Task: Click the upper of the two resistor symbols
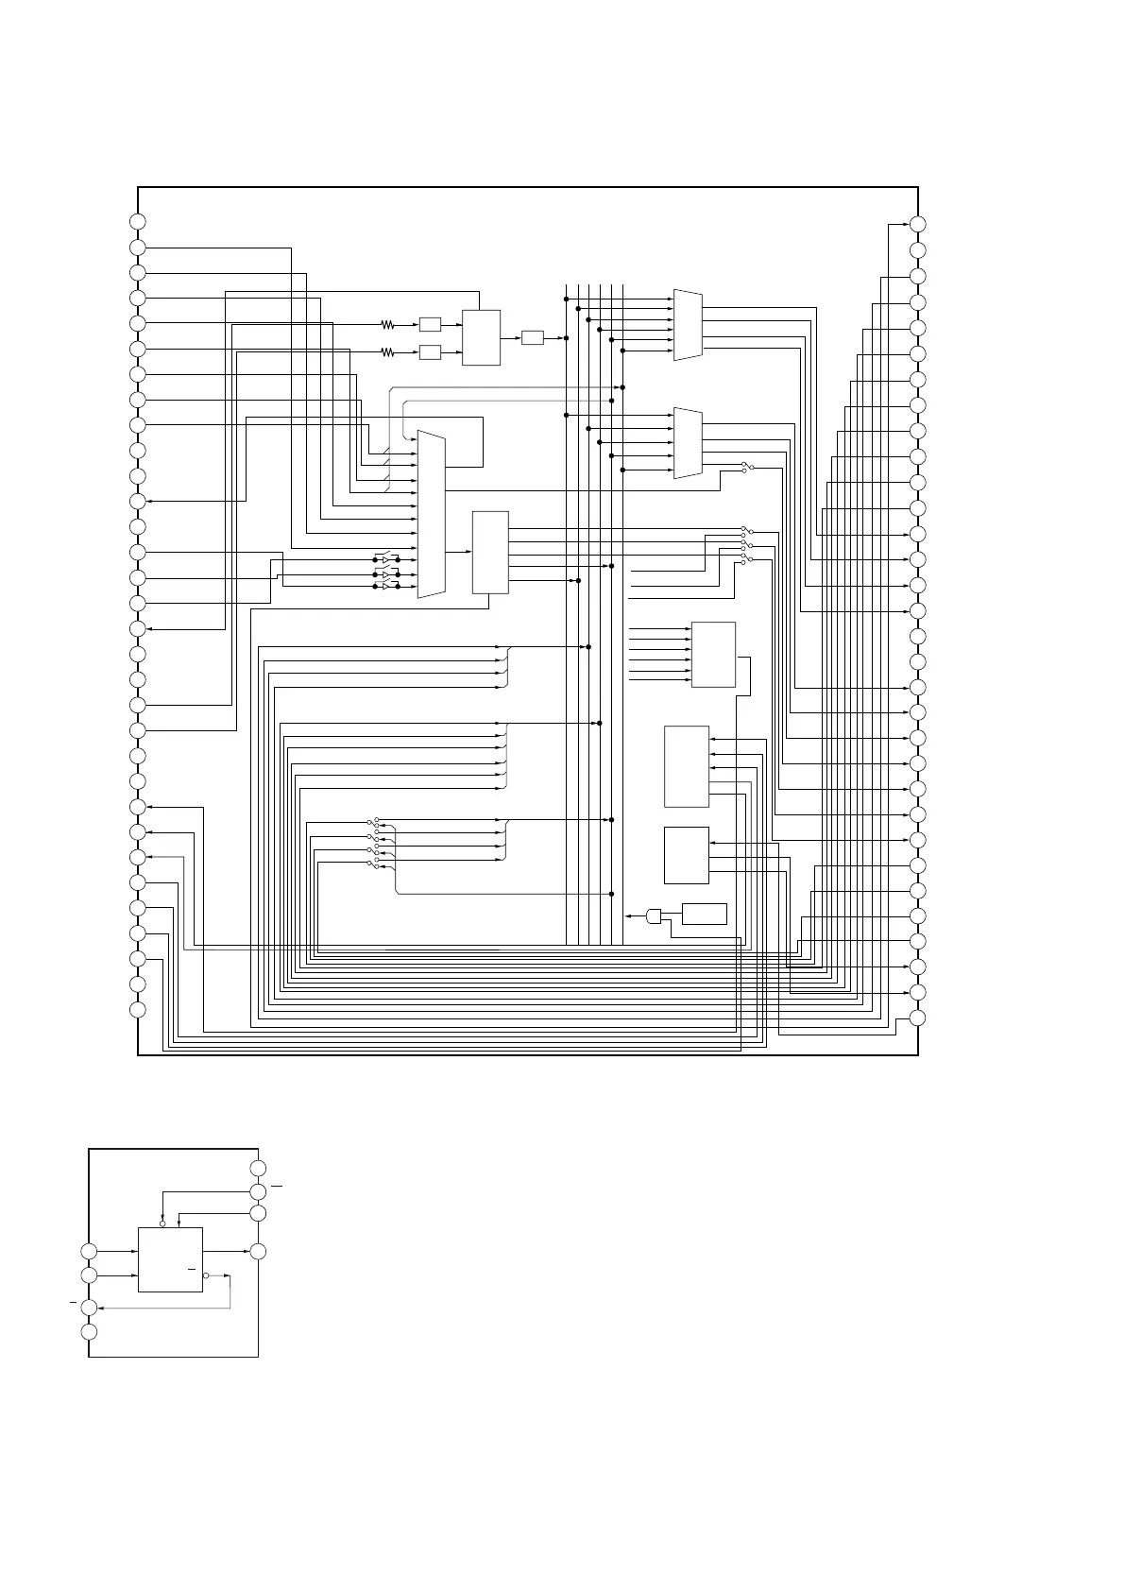click(x=387, y=325)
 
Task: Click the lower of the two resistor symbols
click(x=387, y=352)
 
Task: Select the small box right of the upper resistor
click(x=430, y=325)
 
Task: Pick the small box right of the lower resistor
click(x=430, y=352)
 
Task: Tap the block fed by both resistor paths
click(x=481, y=337)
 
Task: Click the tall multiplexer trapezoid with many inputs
click(x=431, y=515)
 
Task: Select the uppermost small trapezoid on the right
click(x=688, y=325)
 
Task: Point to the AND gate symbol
click(x=655, y=915)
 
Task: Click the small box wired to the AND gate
click(x=704, y=914)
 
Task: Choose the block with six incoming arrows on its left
click(x=713, y=654)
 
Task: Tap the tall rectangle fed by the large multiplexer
click(x=490, y=553)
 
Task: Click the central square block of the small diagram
click(x=170, y=1259)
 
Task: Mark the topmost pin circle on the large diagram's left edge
click(x=138, y=221)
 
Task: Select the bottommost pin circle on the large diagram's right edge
click(x=917, y=1018)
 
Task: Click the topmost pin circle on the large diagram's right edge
click(x=917, y=224)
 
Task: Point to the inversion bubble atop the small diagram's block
click(x=163, y=1223)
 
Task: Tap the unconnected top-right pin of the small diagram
click(x=258, y=1169)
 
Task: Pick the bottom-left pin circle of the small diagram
click(x=89, y=1332)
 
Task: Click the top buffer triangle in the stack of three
click(x=385, y=560)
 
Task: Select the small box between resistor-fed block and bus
click(x=532, y=337)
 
